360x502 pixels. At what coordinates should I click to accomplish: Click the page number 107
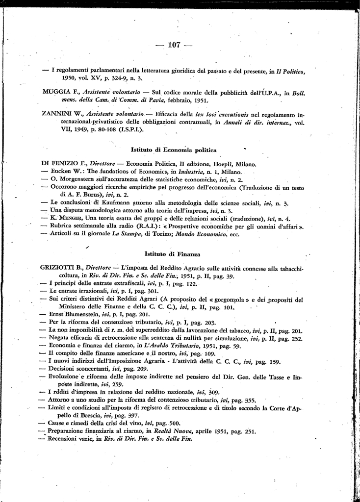[174, 45]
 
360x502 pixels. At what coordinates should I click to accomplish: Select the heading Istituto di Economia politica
[174, 149]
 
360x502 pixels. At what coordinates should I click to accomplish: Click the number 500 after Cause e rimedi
[174, 423]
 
